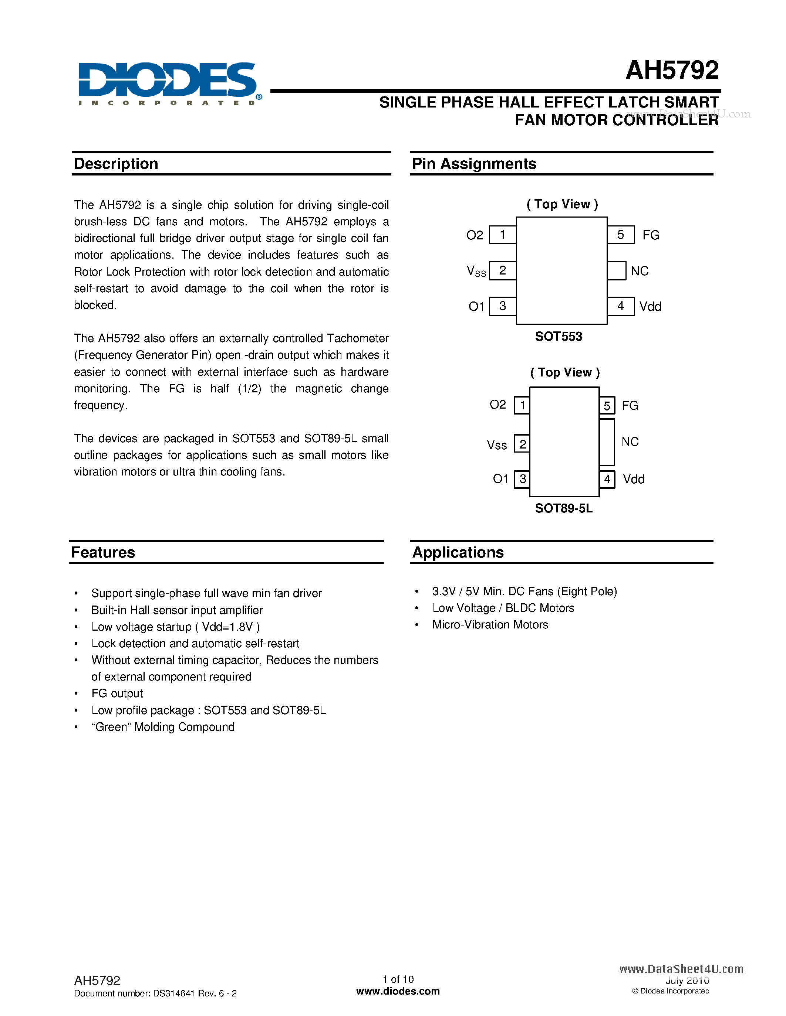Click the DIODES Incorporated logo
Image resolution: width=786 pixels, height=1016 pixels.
[168, 84]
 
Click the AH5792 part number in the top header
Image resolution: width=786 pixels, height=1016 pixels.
[672, 70]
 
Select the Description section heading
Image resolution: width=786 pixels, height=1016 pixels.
[116, 164]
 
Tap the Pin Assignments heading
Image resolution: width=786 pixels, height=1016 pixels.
[474, 164]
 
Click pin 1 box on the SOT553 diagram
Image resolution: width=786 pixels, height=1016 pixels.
[502, 235]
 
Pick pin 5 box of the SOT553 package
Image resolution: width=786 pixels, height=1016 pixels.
[621, 235]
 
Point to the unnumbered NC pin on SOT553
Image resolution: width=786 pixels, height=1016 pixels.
[617, 271]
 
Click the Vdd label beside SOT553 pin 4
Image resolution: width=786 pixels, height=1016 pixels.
[650, 307]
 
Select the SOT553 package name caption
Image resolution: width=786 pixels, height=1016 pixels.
[558, 336]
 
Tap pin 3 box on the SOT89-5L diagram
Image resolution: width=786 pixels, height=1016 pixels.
[522, 479]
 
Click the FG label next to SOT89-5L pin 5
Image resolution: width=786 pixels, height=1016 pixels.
[630, 406]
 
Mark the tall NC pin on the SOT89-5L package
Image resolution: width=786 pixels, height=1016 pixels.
[607, 442]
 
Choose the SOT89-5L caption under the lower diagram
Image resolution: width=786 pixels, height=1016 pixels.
[563, 508]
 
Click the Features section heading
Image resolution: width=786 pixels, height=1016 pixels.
[103, 552]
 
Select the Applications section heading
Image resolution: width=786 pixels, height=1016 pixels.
[458, 552]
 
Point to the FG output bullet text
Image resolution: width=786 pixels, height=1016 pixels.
[117, 693]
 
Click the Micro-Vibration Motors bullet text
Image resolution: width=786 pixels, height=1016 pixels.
[490, 625]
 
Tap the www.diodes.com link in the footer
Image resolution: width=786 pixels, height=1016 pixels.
[398, 991]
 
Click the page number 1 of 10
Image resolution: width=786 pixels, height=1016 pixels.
[398, 979]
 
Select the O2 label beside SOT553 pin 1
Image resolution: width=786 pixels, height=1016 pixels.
[475, 235]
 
